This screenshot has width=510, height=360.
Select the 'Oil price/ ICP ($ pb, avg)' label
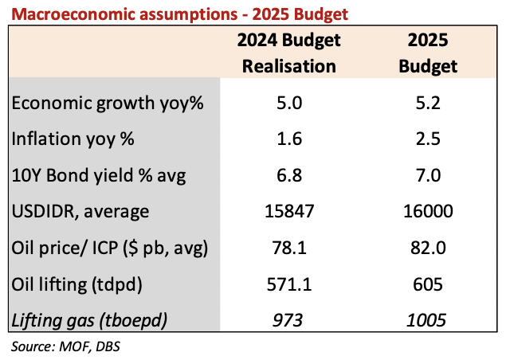pos(110,247)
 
